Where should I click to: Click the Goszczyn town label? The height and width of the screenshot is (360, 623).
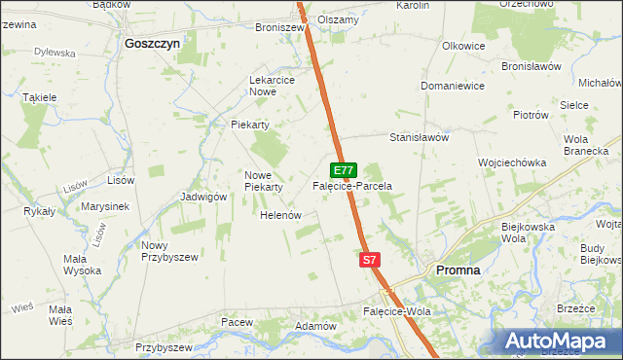click(153, 44)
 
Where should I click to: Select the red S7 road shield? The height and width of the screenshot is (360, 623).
click(369, 260)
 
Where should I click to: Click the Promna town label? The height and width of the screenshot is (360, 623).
click(458, 270)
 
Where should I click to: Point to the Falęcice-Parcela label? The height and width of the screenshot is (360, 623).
click(351, 185)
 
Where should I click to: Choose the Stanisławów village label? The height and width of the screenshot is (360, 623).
click(419, 138)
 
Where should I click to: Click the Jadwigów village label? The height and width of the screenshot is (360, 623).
click(203, 196)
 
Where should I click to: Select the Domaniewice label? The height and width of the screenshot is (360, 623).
click(453, 86)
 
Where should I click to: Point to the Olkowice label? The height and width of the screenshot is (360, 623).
click(463, 46)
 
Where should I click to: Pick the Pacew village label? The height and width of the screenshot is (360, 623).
click(237, 322)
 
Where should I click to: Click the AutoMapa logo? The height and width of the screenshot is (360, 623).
click(559, 341)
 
